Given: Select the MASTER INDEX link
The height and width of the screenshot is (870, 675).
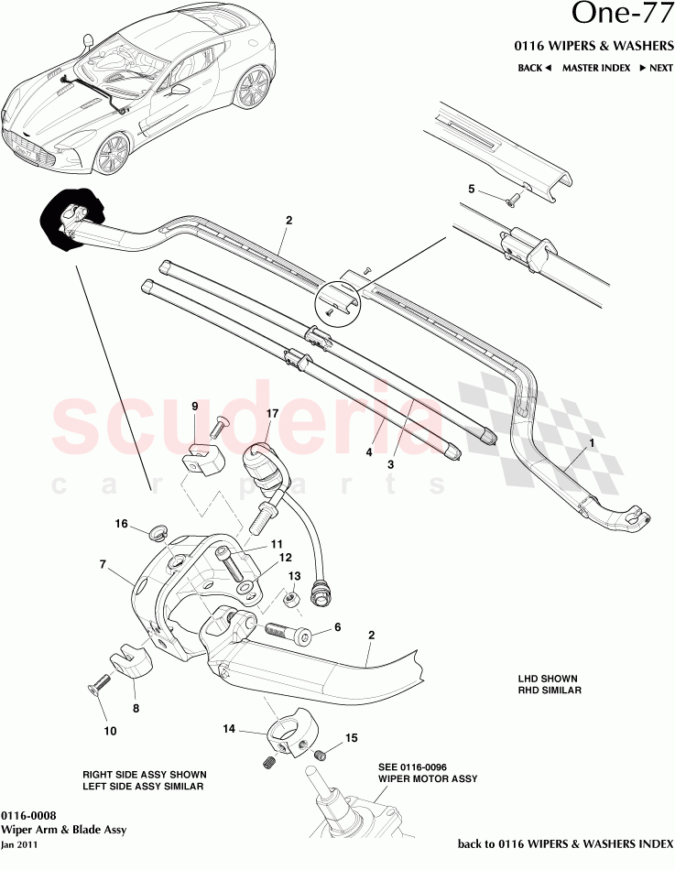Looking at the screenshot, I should [595, 68].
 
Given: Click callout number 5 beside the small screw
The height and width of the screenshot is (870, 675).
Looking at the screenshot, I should [472, 190].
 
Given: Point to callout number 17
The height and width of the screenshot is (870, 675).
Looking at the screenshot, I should [272, 414].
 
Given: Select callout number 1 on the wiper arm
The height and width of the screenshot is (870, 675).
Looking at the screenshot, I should [592, 442].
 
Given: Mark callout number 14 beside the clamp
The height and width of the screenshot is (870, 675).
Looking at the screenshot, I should [229, 730].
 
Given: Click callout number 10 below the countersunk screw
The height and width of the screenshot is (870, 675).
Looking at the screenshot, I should [110, 732].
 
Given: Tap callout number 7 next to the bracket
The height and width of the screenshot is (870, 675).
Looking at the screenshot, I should [103, 565].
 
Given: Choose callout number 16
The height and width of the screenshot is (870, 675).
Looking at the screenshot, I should [121, 524].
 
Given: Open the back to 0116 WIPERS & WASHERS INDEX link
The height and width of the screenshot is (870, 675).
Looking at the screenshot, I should [564, 843].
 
